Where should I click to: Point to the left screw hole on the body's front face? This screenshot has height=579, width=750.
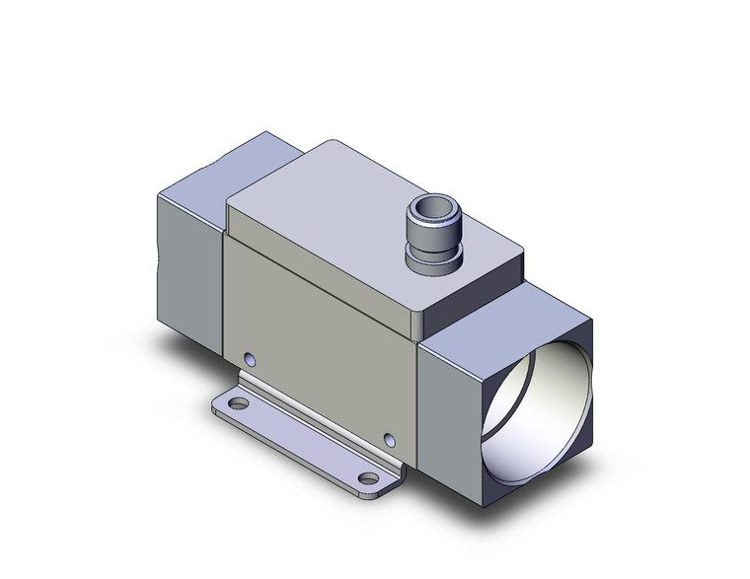click(249, 357)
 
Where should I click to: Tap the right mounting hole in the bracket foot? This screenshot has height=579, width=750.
click(369, 478)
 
